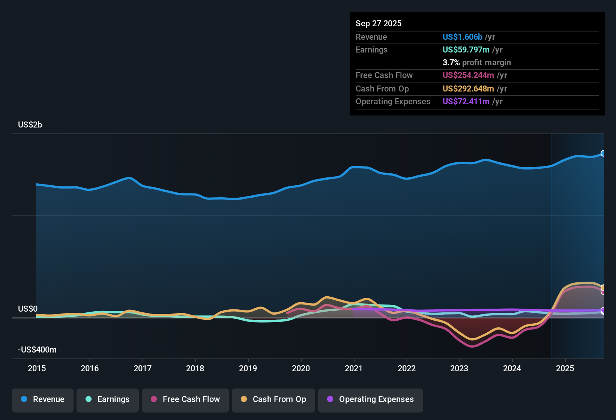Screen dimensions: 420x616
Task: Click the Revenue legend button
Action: tap(43, 399)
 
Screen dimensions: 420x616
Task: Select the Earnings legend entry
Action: tap(107, 399)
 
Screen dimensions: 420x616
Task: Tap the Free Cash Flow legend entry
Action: tap(185, 399)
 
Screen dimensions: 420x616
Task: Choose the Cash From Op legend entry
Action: tap(273, 399)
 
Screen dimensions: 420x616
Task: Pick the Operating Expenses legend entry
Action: tap(370, 399)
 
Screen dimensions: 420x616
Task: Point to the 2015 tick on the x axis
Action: tap(37, 368)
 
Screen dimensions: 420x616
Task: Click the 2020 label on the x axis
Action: tap(301, 368)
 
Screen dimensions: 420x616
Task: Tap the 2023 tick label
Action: tap(459, 368)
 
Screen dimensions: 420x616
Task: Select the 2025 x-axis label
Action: tap(565, 368)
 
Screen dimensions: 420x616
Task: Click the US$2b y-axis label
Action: tap(30, 125)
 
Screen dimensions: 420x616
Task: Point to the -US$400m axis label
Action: tap(37, 350)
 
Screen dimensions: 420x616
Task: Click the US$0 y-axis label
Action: tap(28, 309)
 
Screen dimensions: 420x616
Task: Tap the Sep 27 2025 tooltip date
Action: tap(379, 23)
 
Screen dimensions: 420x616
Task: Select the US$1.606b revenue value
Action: tap(462, 37)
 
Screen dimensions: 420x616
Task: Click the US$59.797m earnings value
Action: tap(466, 49)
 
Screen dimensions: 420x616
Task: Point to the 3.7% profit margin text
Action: tap(476, 62)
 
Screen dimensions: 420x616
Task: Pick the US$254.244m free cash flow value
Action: tap(468, 75)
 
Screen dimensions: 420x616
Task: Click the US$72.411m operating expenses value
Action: tap(466, 101)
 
